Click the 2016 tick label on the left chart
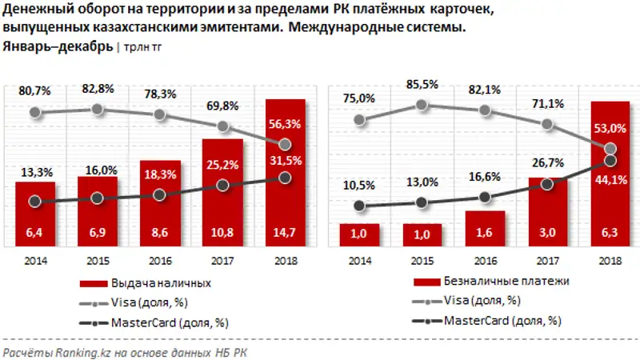tap(158, 260)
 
